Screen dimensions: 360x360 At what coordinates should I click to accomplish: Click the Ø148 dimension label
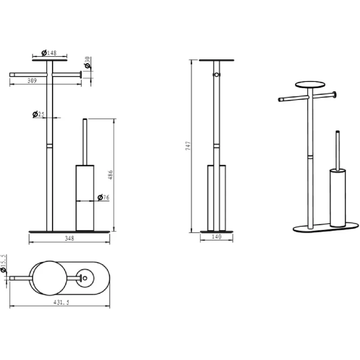[x=49, y=53]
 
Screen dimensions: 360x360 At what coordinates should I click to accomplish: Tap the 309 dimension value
[x=32, y=81]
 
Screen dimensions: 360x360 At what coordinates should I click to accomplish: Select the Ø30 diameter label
[x=87, y=63]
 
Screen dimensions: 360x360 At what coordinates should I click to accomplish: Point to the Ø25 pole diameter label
[x=38, y=114]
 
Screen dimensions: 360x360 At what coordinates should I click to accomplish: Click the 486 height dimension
[x=110, y=175]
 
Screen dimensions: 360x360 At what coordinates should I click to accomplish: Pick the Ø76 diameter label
[x=103, y=197]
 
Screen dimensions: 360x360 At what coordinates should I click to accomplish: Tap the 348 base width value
[x=69, y=238]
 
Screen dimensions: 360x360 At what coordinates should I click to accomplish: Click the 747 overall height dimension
[x=188, y=146]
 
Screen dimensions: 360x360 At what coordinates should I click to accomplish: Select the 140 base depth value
[x=216, y=237]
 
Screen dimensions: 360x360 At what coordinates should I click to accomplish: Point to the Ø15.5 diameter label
[x=4, y=263]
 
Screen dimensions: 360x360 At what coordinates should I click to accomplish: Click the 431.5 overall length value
[x=61, y=302]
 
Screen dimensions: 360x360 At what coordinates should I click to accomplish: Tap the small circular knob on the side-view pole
[x=216, y=75]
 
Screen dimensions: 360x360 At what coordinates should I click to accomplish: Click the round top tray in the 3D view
[x=310, y=85]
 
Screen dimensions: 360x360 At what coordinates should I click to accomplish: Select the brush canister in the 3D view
[x=338, y=198]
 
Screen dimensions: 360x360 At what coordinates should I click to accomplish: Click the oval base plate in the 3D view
[x=326, y=227]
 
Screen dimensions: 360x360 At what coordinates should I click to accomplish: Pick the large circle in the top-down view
[x=50, y=278]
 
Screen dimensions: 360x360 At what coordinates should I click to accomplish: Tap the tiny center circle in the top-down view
[x=85, y=278]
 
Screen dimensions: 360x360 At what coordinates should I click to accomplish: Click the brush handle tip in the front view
[x=85, y=119]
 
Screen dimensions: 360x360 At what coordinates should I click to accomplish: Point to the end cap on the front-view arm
[x=81, y=75]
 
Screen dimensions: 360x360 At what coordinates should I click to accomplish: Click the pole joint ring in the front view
[x=49, y=146]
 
